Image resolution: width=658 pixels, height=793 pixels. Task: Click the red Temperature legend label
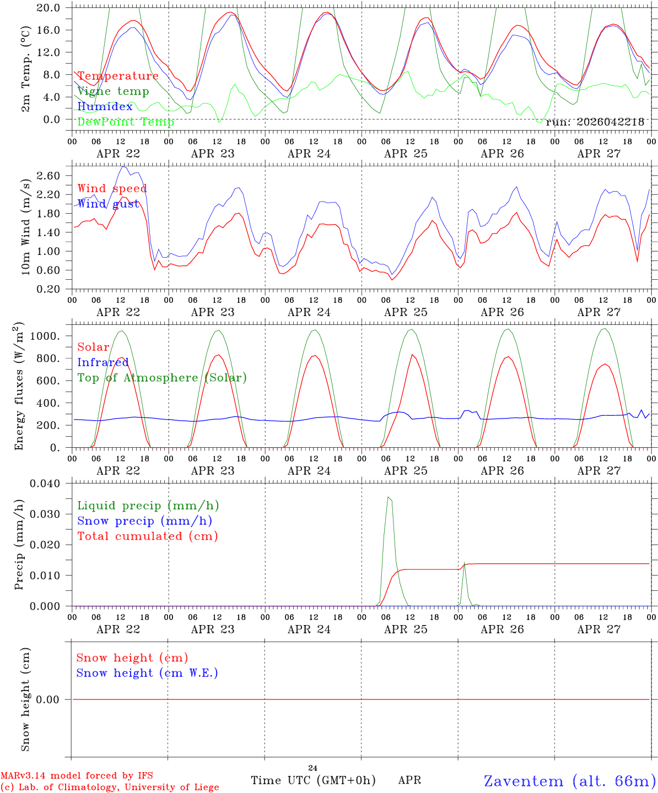pos(118,76)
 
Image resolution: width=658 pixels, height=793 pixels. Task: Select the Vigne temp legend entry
pos(113,91)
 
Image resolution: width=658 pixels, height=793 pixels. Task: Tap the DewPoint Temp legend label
pos(126,122)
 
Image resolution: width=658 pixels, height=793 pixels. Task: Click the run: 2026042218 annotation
pos(595,122)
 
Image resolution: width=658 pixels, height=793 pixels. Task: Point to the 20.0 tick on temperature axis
pos(48,8)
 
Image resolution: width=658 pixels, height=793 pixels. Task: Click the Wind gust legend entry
pos(109,204)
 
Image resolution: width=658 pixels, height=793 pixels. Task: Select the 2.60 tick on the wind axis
pos(48,176)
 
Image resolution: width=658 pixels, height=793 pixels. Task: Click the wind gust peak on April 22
pos(123,166)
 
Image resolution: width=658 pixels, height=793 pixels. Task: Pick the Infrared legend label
pos(103,362)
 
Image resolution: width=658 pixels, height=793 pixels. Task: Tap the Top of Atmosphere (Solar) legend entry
pos(163,378)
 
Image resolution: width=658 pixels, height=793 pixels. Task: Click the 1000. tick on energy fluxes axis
pos(45,336)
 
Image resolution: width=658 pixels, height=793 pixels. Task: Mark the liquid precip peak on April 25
pos(388,497)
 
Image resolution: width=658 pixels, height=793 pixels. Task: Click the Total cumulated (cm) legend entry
pos(148,536)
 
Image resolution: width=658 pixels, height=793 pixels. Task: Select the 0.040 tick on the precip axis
pos(45,484)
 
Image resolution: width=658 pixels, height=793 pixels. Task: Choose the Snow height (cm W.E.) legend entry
pos(147,673)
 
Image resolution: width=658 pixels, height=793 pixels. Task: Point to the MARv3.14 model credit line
pos(77,775)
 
